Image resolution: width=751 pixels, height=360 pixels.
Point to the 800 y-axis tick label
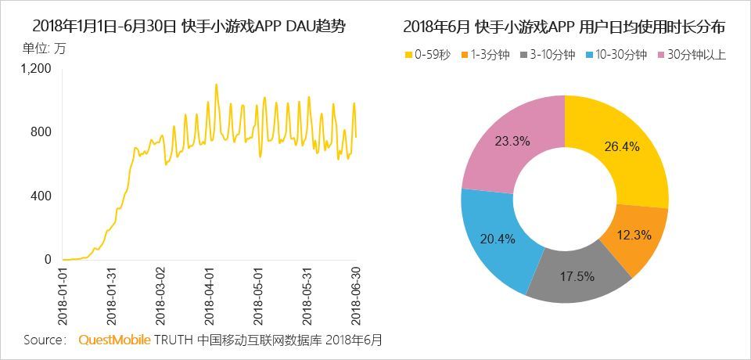coord(41,131)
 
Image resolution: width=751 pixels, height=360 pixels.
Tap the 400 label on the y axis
coord(41,196)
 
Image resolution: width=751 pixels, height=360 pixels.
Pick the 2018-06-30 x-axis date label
coord(356,297)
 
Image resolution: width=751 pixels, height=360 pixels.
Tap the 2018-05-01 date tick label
coord(259,297)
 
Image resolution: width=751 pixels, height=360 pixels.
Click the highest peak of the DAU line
coord(217,85)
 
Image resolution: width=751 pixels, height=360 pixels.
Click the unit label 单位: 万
coord(45,49)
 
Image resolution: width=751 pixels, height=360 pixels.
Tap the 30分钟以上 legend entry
coord(692,55)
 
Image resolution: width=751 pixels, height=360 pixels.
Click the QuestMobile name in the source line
coord(114,340)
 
